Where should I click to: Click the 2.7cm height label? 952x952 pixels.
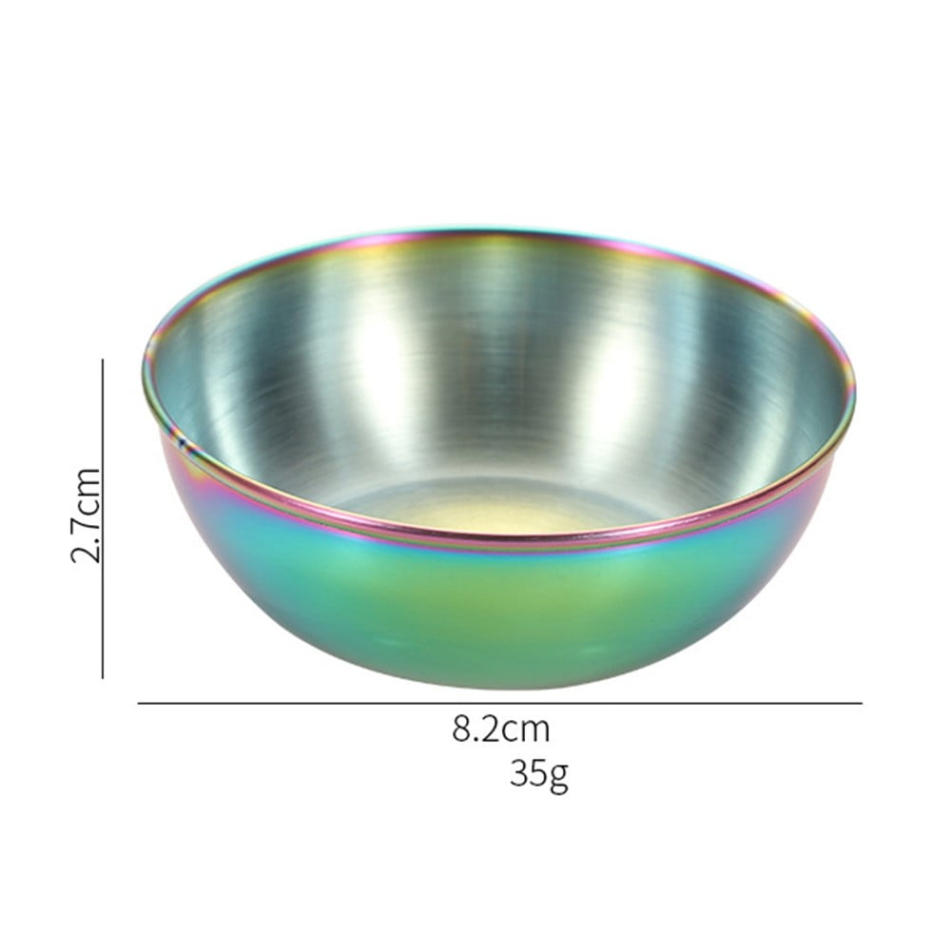pos(86,515)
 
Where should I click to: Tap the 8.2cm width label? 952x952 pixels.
pos(501,729)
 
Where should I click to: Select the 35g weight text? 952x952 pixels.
pos(538,773)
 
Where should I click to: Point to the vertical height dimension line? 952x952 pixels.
pos(103,518)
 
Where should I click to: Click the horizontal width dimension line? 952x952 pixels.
pos(499,704)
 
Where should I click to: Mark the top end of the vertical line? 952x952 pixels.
pos(103,359)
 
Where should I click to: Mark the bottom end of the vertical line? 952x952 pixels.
pos(103,677)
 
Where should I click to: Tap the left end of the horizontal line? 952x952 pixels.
pos(139,704)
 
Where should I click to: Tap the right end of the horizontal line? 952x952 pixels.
pos(861,704)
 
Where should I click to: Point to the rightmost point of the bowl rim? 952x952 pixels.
pos(854,390)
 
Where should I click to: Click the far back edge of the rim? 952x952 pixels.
pos(495,229)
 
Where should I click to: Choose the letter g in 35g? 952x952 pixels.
pos(558,776)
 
